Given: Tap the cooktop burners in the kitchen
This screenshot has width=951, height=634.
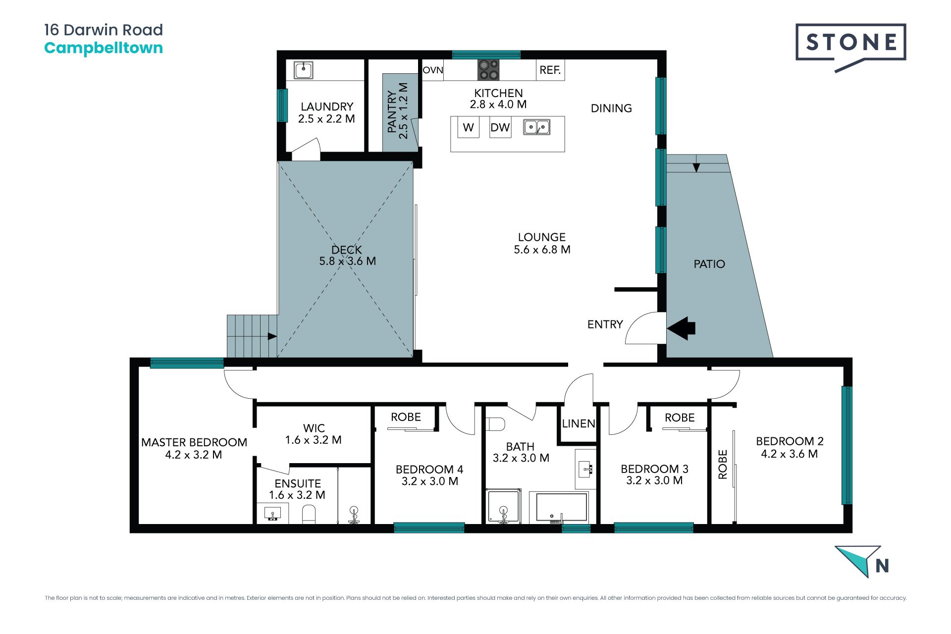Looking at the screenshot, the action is (x=488, y=70).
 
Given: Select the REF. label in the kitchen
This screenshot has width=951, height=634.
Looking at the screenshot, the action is (x=550, y=70).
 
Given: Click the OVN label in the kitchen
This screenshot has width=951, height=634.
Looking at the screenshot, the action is (x=433, y=70).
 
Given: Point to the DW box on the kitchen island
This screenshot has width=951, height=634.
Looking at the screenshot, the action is (x=500, y=127).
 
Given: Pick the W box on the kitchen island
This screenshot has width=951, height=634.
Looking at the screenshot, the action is (x=469, y=127).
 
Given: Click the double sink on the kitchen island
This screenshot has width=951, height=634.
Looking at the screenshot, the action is (x=537, y=127).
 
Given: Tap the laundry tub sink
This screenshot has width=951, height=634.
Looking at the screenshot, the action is (x=303, y=70).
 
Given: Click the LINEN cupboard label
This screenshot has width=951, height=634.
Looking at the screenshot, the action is (x=579, y=423).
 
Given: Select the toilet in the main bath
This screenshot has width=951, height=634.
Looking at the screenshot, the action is (x=496, y=424).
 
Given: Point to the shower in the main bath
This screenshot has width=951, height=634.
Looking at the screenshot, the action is (x=504, y=506).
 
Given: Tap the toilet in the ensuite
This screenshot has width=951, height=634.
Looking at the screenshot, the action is (x=309, y=514).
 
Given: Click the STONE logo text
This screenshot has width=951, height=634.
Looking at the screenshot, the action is (x=851, y=42).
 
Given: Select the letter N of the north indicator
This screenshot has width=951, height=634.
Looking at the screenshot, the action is (x=882, y=566).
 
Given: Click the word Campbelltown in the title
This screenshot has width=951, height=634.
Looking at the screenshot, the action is (x=104, y=49).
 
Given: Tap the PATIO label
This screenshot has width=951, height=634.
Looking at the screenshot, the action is (x=709, y=264).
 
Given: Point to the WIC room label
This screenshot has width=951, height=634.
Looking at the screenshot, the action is (x=314, y=428).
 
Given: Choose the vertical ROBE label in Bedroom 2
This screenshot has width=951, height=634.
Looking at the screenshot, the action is (x=723, y=465).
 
